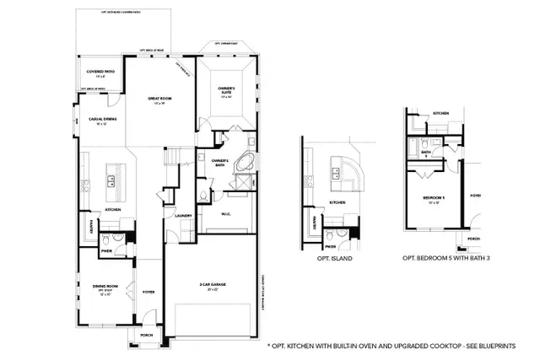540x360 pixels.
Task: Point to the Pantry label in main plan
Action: pos(91,226)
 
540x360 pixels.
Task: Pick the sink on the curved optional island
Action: pos(337,175)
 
